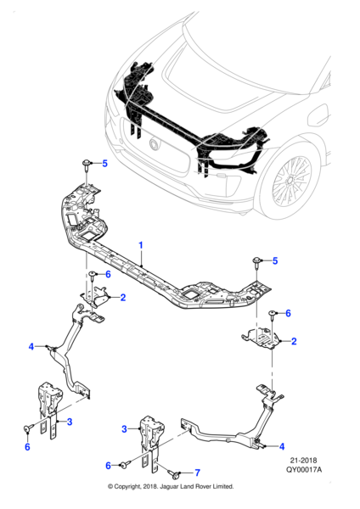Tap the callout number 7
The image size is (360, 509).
pos(198,473)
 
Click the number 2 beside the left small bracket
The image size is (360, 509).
pos(123,297)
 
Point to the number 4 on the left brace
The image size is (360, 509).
pos(31,346)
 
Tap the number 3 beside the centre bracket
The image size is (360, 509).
pos(124,429)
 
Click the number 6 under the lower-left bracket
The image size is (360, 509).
pos(26,447)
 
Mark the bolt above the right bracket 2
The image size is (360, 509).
pos(271,315)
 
